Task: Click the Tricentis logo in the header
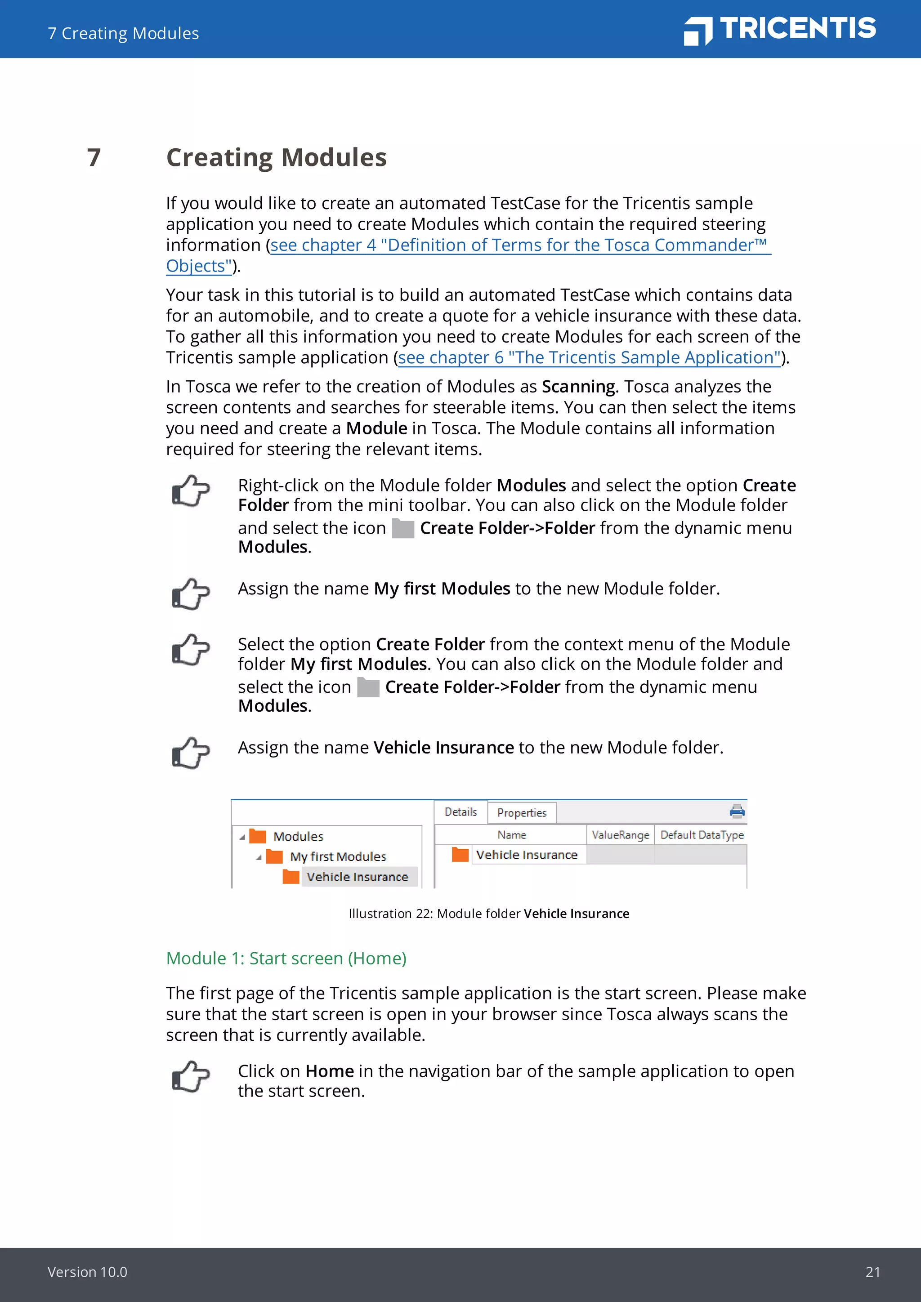779,30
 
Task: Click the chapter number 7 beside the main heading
94,158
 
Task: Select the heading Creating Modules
276,158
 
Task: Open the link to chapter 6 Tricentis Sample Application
589,358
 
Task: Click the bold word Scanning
578,387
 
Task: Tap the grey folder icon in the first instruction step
402,529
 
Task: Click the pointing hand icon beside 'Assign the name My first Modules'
191,594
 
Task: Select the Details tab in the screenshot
460,812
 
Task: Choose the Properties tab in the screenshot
521,812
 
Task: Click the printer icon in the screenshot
737,812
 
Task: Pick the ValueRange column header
620,835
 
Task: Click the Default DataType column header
702,835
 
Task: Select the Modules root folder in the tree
298,836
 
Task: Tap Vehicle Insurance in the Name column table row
526,855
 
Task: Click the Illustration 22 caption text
488,914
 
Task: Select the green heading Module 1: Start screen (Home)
286,959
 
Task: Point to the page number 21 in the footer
872,1272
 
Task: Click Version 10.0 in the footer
87,1272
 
